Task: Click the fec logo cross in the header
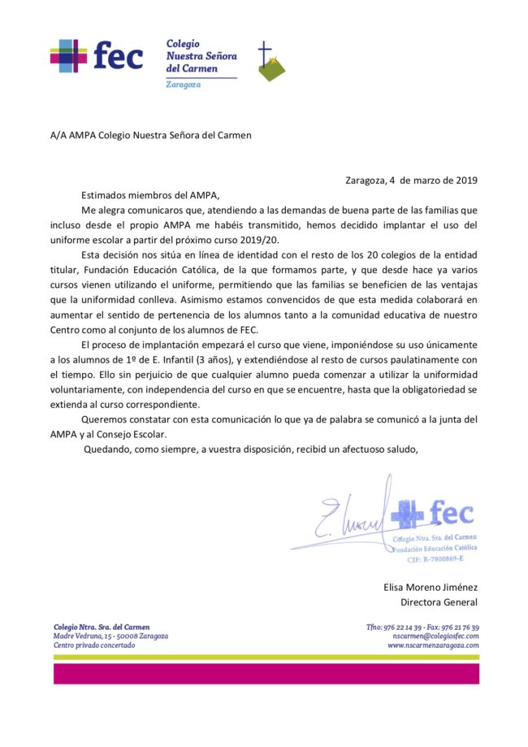point(68,57)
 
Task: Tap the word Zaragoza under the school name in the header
point(183,85)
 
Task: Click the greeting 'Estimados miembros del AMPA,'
point(150,195)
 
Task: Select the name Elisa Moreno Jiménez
point(431,587)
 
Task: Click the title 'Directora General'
point(439,602)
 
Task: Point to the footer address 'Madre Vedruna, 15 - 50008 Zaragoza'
point(111,636)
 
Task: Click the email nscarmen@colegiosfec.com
point(433,636)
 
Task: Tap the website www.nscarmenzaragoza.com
point(433,645)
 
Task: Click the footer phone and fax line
point(422,627)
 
